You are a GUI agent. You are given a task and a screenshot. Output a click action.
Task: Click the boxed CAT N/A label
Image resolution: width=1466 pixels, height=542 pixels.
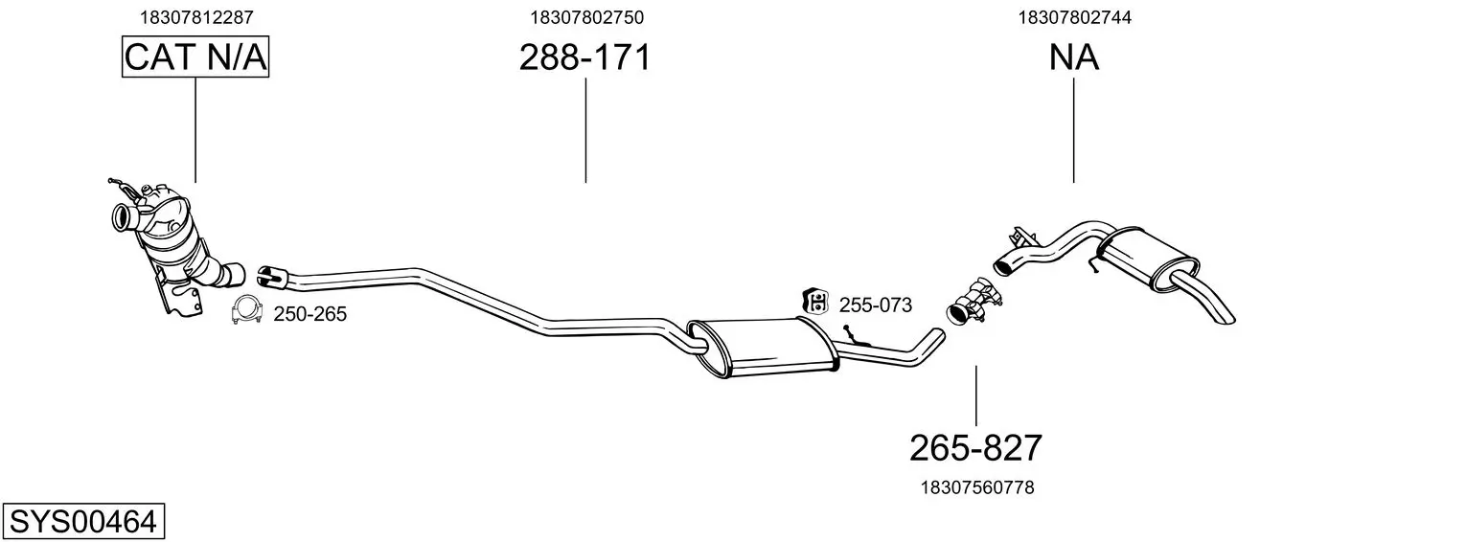pos(195,56)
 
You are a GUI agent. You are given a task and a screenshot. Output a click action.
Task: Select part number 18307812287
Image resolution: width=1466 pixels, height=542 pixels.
pos(196,17)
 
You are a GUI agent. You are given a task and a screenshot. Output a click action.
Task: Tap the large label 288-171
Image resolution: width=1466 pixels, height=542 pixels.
pos(585,56)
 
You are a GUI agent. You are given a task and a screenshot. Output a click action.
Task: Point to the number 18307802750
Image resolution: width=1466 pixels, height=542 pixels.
pos(586,17)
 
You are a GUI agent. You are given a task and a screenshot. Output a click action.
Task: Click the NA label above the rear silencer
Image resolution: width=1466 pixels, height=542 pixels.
pos(1073,57)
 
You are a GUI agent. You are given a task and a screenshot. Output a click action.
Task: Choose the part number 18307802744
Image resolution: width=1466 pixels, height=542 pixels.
pos(1074,17)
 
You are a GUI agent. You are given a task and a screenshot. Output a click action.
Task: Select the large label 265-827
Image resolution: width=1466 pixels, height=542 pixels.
pos(975,448)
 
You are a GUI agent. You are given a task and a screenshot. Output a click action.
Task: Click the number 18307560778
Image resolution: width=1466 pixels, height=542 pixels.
pos(977,487)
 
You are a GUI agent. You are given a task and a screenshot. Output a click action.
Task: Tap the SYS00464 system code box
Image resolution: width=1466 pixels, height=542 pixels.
pos(83,521)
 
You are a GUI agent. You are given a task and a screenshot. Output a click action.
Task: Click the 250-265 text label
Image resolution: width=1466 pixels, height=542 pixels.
pos(309,314)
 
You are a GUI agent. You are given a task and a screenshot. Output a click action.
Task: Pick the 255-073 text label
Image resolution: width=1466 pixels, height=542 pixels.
pos(875,305)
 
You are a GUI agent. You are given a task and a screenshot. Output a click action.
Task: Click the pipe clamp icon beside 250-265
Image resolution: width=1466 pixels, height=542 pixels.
pos(247,310)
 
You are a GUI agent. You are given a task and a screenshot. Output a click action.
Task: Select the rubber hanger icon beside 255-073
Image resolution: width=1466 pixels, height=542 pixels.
pos(815,302)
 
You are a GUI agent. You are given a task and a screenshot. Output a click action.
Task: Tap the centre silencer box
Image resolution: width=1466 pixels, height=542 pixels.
pos(763,348)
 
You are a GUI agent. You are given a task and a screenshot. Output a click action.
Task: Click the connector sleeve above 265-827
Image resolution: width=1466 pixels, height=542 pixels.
pos(974,302)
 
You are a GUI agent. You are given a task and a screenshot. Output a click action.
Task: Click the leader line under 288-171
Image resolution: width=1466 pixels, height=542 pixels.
pos(585,130)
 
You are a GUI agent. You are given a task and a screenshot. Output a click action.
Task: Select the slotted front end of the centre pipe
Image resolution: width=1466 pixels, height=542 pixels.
pos(271,276)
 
